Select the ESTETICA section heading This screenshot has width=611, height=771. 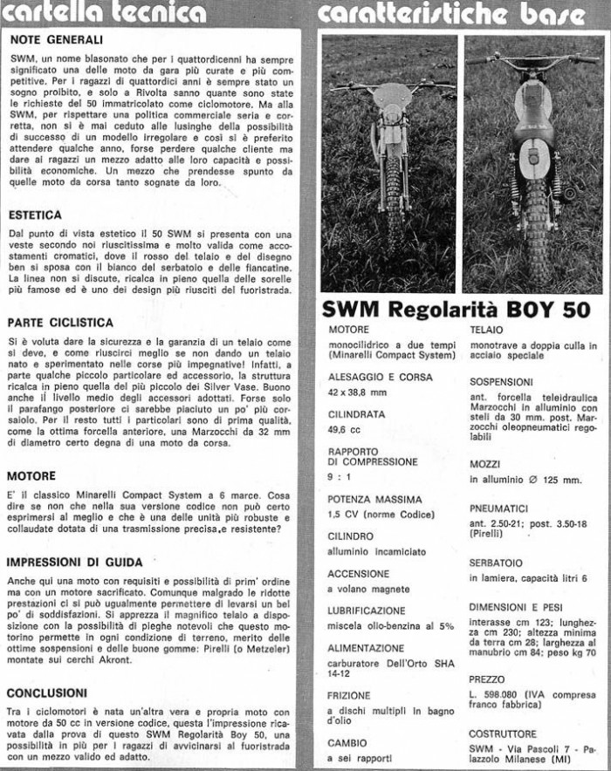[35, 214]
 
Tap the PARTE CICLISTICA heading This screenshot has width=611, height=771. [61, 322]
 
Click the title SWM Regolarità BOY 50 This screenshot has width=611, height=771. [456, 310]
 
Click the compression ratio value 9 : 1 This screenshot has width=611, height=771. [340, 477]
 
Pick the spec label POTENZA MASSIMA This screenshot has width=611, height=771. [374, 500]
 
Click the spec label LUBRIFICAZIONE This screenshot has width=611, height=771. [367, 611]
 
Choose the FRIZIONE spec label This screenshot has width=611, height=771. [349, 695]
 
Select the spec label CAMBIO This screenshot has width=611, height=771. [347, 743]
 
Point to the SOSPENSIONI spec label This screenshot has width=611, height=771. [501, 381]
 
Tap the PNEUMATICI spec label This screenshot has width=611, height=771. [498, 507]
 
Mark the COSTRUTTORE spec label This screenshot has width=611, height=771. [503, 733]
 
